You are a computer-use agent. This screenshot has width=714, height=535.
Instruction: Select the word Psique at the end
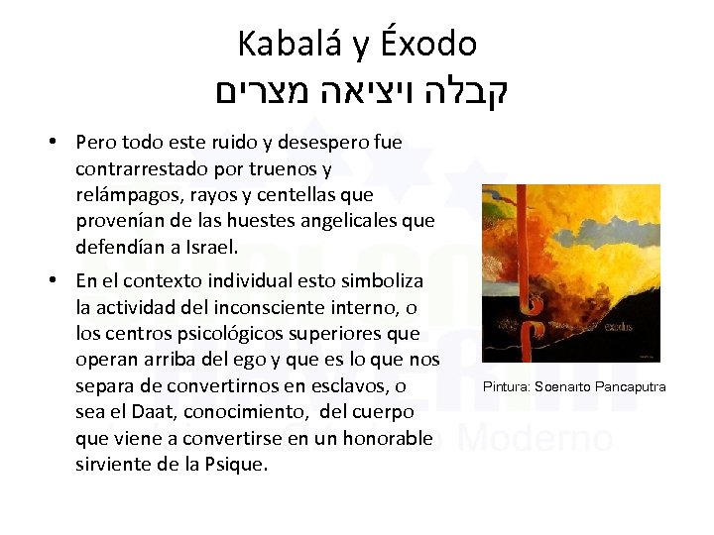pyautogui.click(x=238, y=464)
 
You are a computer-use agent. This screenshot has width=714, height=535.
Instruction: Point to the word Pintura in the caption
pyautogui.click(x=507, y=386)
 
